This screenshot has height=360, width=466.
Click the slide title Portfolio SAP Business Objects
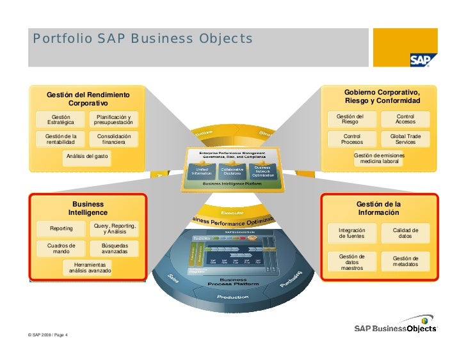[x=143, y=40]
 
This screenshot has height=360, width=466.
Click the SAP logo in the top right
[x=424, y=59]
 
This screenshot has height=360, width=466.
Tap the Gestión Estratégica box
[x=61, y=120]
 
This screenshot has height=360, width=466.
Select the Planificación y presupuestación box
[x=113, y=120]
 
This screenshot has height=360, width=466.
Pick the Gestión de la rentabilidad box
[x=61, y=139]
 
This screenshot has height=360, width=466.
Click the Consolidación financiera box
[x=113, y=139]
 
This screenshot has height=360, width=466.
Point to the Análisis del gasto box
[x=87, y=157]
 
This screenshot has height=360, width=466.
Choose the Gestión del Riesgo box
[x=350, y=119]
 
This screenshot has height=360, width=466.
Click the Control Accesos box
[x=405, y=119]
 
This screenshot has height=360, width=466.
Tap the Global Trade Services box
[x=405, y=139]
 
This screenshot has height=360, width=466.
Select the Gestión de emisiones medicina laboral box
[x=380, y=159]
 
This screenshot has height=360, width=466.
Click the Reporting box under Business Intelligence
[x=61, y=228]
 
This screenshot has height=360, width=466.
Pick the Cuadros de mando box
[x=61, y=248]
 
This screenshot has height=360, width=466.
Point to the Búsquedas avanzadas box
[x=115, y=248]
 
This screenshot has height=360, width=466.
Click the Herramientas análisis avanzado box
[x=90, y=268]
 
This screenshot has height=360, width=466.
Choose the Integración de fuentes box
[x=352, y=233]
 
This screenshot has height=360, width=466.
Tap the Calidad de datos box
[x=405, y=233]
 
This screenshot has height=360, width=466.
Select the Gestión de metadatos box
[x=405, y=262]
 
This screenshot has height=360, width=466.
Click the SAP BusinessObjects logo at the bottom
[x=396, y=325]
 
